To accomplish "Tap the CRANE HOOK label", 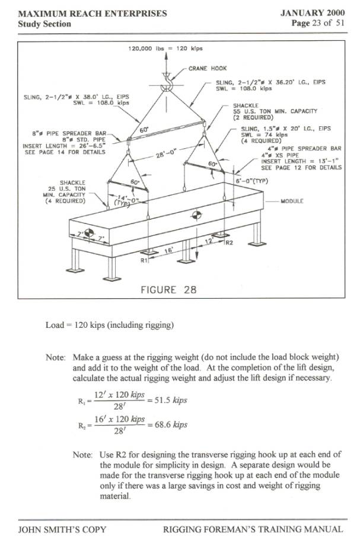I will tap(207, 69).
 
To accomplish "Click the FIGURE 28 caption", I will tap(168, 290).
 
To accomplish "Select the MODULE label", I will tap(292, 201).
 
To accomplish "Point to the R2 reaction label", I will tap(229, 242).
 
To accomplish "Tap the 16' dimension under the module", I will tap(168, 251).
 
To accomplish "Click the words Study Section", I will tap(44, 24).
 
